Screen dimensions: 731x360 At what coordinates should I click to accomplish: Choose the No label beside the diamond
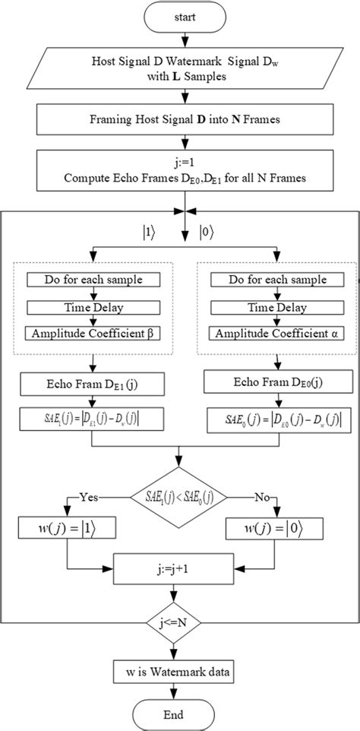[262, 498]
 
